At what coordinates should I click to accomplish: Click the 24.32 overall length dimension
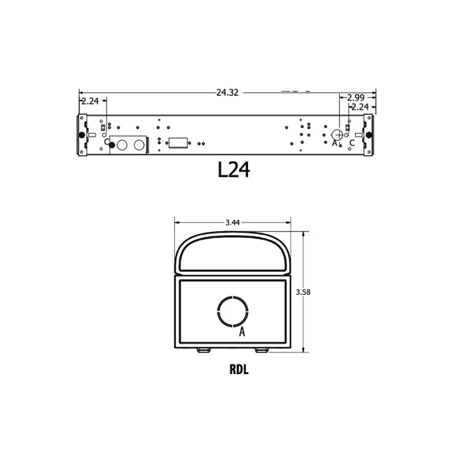228,93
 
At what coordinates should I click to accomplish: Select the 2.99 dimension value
355,98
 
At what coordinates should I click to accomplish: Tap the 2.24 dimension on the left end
90,101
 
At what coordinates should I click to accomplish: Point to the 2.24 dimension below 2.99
360,107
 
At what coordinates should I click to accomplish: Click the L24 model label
234,170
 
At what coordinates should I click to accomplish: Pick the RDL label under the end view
239,370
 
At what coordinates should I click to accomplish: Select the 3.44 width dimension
233,222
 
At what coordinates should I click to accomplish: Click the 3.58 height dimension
303,292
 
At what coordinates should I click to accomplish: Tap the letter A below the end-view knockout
242,332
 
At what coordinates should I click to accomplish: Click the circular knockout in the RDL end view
218,311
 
